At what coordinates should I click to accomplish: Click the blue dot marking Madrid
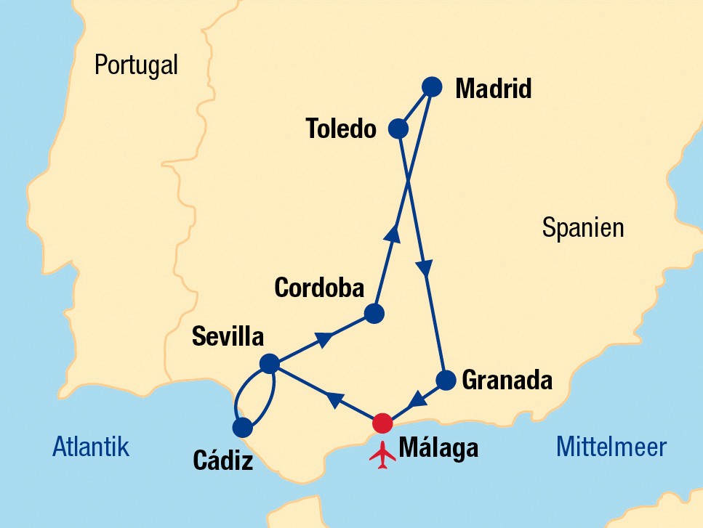click(x=432, y=86)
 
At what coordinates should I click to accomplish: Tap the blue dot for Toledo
click(x=398, y=129)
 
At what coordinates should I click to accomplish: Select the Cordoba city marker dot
click(x=374, y=314)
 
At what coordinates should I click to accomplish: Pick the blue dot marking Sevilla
click(x=269, y=363)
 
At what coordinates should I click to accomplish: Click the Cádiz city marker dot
click(x=242, y=426)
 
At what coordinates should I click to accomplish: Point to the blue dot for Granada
click(x=446, y=380)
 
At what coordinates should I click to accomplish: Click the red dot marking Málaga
click(x=382, y=423)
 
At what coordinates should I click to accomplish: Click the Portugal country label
click(x=136, y=66)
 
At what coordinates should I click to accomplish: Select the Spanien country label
click(x=583, y=228)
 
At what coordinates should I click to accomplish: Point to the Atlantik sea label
click(x=91, y=447)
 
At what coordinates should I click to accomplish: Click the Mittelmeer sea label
click(x=611, y=447)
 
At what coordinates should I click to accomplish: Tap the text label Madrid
click(x=493, y=89)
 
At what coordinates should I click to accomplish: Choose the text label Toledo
click(x=341, y=129)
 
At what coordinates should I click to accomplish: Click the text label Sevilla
click(x=227, y=336)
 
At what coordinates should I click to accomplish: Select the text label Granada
click(x=507, y=380)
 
